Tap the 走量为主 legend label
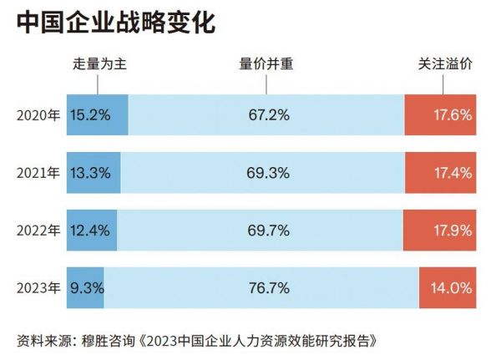(x=98, y=63)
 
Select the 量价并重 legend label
(x=268, y=63)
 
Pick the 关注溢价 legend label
(x=446, y=63)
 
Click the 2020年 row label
(x=38, y=115)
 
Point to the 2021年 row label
(x=38, y=173)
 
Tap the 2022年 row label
(x=38, y=231)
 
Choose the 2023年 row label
(x=38, y=288)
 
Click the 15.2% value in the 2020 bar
(x=91, y=115)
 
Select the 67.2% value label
(x=269, y=115)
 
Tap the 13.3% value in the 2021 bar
(x=91, y=173)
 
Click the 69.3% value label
(x=269, y=173)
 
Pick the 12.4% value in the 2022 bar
(x=91, y=231)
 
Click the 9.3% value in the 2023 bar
(x=87, y=288)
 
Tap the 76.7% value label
(x=269, y=288)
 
